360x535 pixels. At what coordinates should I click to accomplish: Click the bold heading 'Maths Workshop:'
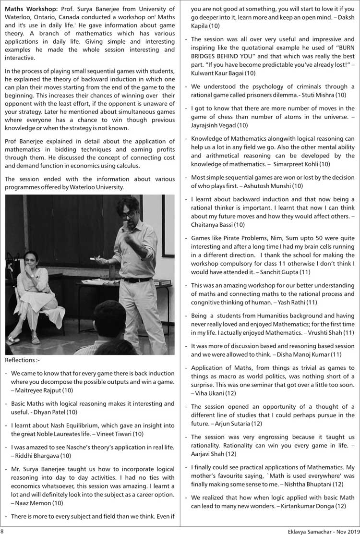click(30, 9)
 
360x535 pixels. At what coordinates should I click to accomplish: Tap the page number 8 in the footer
click(2, 531)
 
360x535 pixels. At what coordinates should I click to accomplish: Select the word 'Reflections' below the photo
click(19, 360)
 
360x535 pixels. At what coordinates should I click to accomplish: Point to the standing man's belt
click(136, 280)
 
